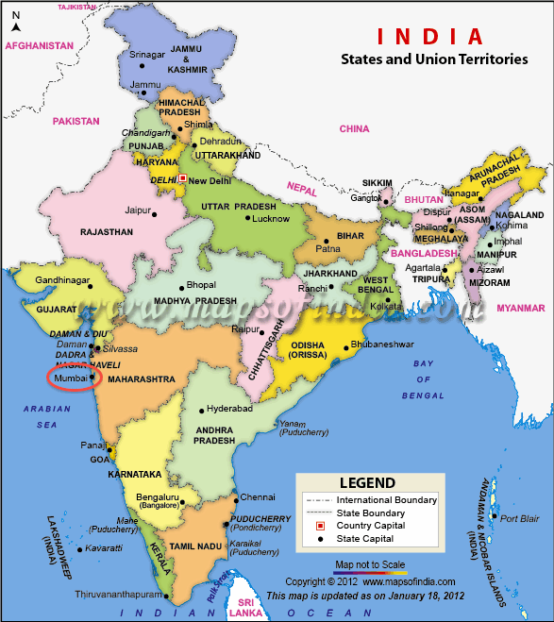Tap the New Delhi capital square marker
(x=182, y=177)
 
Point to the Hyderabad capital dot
(x=201, y=411)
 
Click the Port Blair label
(x=520, y=518)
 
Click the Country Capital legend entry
(x=371, y=525)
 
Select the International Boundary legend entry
(x=386, y=499)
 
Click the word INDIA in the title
(x=429, y=37)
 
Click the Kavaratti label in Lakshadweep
(x=104, y=548)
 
